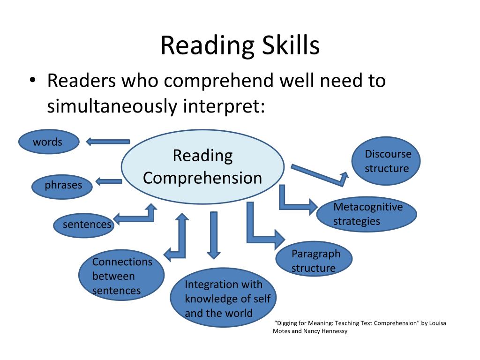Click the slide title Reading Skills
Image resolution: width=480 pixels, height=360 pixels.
240,45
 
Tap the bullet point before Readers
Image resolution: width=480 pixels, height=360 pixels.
32,81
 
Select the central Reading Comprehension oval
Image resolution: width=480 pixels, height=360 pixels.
202,167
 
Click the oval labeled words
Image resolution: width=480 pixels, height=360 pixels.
49,142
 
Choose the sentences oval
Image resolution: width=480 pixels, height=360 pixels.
83,225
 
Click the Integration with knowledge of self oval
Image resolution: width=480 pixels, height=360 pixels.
223,298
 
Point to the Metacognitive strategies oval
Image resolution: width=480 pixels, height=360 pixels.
367,214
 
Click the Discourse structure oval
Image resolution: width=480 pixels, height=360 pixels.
386,161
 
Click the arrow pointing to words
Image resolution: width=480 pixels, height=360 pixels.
108,142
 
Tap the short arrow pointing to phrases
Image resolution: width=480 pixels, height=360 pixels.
109,181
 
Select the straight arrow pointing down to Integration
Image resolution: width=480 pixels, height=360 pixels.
214,235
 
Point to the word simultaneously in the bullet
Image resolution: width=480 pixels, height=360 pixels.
112,106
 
